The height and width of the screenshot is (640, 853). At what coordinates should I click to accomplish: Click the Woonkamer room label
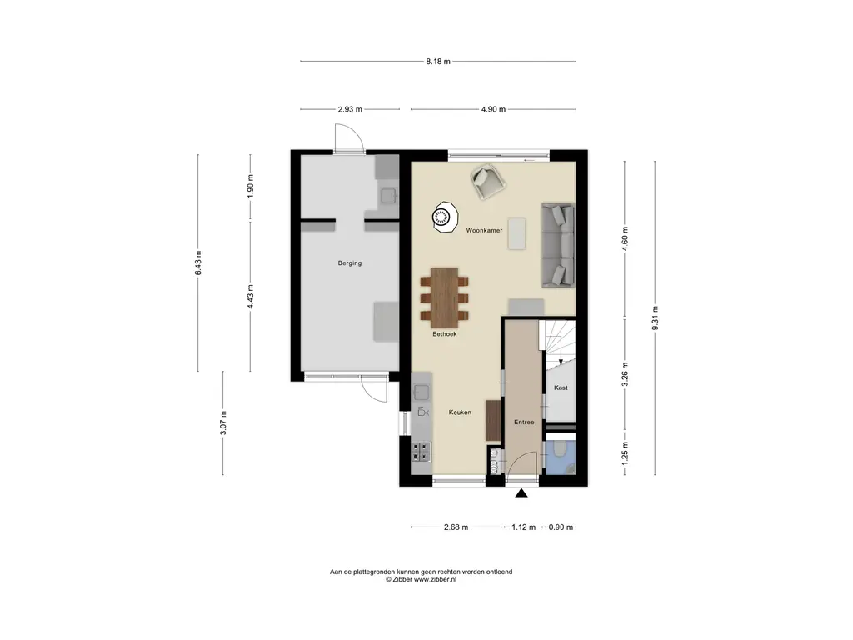(484, 230)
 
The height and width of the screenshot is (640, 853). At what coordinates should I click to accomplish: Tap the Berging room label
(350, 263)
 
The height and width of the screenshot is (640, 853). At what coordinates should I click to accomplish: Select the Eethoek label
(444, 333)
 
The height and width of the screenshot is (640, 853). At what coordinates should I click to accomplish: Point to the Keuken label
(460, 412)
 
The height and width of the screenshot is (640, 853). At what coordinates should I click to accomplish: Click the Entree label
(524, 422)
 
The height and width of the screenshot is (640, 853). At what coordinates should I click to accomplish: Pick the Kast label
(561, 387)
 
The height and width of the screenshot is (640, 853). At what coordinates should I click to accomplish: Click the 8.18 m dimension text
(437, 62)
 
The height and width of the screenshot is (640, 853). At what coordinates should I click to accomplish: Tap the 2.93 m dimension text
(349, 109)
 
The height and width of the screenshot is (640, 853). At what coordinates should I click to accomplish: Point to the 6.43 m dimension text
(197, 262)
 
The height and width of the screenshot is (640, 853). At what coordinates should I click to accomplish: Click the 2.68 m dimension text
(456, 527)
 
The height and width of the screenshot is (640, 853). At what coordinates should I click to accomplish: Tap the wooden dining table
(445, 297)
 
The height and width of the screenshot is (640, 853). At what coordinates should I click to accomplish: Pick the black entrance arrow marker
(522, 493)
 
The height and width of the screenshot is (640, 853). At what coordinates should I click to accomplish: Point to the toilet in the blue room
(560, 452)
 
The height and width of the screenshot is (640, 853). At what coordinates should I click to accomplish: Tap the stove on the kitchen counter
(422, 451)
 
